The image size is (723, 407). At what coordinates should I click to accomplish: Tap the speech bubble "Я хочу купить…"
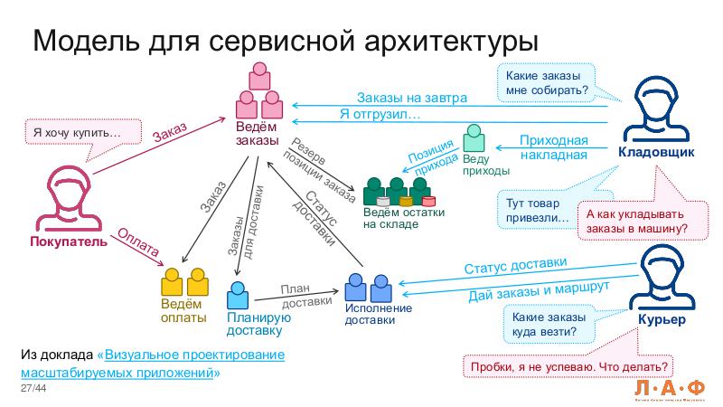75,132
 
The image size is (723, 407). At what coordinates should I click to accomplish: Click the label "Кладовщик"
655,152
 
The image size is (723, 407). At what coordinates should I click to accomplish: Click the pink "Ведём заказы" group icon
260,88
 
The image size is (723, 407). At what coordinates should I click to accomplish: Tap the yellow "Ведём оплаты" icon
184,283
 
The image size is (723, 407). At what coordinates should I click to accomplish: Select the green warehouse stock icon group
399,191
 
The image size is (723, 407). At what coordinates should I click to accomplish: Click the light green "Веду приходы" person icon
474,137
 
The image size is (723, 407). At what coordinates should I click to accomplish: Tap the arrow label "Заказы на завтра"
411,98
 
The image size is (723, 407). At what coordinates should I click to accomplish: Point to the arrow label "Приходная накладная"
553,147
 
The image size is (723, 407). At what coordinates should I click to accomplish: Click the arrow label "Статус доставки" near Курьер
515,266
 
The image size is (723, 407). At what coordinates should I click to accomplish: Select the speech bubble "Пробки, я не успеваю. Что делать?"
569,366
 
